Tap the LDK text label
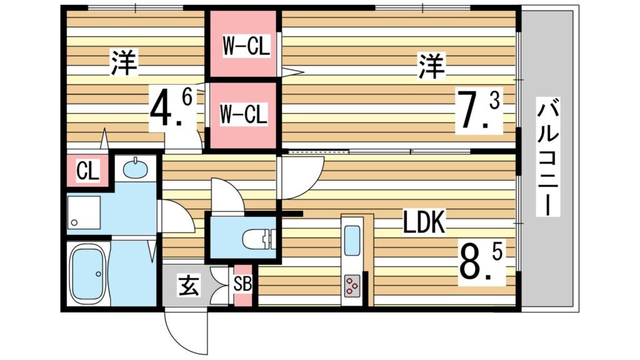click(423, 223)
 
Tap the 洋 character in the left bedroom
click(124, 63)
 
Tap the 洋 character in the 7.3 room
click(431, 67)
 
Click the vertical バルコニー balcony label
click(547, 157)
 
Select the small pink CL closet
click(87, 171)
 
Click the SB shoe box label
click(242, 284)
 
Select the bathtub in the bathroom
click(87, 273)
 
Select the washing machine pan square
click(84, 212)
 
